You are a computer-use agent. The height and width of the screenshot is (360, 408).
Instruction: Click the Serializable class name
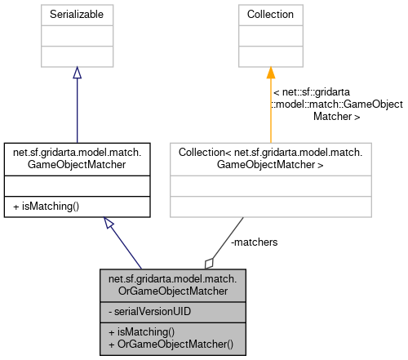(77, 15)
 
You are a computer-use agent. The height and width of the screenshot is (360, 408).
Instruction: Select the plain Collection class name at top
(271, 15)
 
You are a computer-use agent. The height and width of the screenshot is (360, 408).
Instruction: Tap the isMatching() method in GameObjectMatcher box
(47, 207)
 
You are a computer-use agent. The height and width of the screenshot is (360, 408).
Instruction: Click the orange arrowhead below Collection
(271, 73)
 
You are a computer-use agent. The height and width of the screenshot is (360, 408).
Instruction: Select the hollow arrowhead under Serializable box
(77, 73)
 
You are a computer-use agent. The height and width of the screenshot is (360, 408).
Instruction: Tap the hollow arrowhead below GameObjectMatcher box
(109, 224)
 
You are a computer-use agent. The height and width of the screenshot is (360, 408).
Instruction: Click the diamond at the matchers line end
(209, 262)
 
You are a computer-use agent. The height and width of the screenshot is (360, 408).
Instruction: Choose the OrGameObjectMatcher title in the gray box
(172, 286)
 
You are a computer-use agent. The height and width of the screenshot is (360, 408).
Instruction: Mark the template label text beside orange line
(337, 105)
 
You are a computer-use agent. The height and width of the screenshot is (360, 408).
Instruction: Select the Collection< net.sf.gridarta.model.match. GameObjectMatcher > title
(271, 158)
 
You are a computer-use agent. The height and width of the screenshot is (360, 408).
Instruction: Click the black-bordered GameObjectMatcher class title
(77, 158)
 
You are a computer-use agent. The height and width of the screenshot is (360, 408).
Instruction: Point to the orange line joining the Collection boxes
(271, 110)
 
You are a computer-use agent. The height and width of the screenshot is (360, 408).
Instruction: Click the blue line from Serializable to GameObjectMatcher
(77, 110)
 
